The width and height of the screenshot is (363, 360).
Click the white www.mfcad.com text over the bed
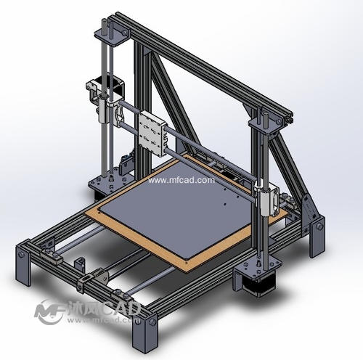click(181, 180)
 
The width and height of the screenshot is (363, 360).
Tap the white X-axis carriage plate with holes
click(152, 134)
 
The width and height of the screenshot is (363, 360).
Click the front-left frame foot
click(23, 263)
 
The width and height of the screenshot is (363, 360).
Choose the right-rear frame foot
click(317, 236)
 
